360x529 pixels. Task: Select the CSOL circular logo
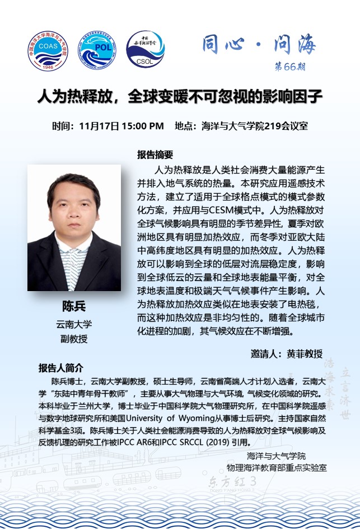(x=145, y=50)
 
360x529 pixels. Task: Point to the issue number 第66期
(x=290, y=67)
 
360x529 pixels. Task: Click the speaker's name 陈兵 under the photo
(x=74, y=307)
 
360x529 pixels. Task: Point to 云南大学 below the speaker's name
(x=74, y=324)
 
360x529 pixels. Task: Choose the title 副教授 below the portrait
(x=74, y=338)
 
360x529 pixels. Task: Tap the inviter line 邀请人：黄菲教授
(x=287, y=353)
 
